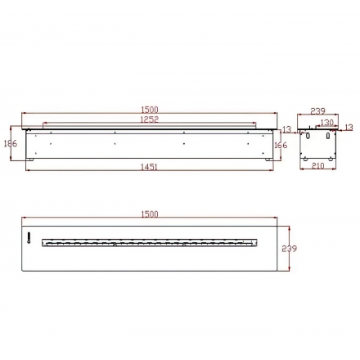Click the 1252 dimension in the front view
click(x=149, y=119)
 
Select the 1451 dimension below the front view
click(x=149, y=167)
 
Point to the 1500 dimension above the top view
click(x=149, y=214)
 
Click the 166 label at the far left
click(x=11, y=143)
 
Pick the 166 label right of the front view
click(x=281, y=146)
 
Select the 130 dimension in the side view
click(x=326, y=122)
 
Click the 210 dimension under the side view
click(x=318, y=166)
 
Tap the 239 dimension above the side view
click(x=318, y=110)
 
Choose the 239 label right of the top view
click(x=288, y=249)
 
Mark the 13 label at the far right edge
click(x=349, y=128)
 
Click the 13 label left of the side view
click(x=286, y=129)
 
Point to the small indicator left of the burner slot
click(x=29, y=241)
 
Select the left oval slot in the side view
click(x=308, y=137)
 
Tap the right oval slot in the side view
click(x=331, y=137)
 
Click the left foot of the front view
click(x=31, y=158)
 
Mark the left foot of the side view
click(x=304, y=158)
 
